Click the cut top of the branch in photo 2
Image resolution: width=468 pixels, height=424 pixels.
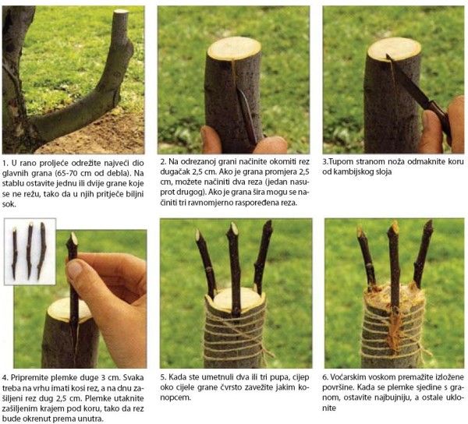point(234,49)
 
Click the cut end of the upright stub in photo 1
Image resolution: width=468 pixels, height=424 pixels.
point(121,12)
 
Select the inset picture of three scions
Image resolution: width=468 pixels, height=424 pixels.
point(30,252)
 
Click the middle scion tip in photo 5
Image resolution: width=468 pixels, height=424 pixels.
point(234,228)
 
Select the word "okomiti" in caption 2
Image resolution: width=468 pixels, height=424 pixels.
point(285,162)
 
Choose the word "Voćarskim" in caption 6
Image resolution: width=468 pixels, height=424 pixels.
point(350,377)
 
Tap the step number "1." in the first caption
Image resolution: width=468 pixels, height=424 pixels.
point(5,163)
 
